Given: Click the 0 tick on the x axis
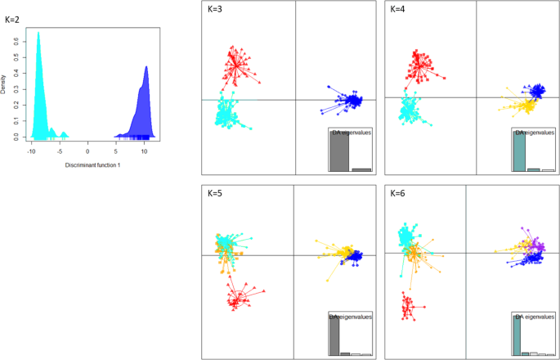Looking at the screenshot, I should point(88,151).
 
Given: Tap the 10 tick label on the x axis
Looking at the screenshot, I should point(144,151).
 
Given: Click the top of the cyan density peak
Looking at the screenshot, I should point(38,33).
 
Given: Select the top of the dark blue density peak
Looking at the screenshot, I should point(146,67).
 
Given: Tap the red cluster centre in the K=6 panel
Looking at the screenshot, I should point(405,307).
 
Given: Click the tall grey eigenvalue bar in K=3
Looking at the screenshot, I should point(339,151).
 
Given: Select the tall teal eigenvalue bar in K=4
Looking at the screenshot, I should point(518,151).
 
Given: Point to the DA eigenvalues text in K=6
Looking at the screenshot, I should point(533,316).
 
